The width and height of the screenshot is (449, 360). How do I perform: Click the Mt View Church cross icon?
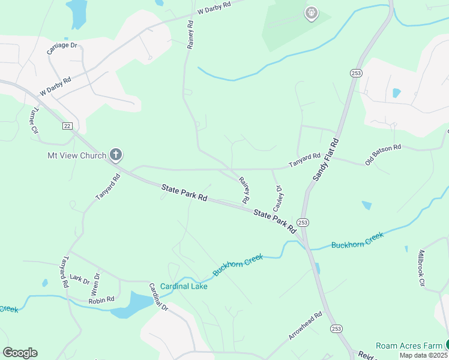point(116,155)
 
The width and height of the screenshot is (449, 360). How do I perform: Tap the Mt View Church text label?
point(77,155)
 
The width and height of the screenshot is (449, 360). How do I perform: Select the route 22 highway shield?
point(67,125)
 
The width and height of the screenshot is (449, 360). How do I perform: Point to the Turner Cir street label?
point(34,121)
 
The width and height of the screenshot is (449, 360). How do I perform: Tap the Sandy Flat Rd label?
point(326,160)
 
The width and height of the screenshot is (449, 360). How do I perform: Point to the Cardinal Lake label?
point(183,286)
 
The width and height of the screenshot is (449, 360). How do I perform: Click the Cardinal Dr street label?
point(158,296)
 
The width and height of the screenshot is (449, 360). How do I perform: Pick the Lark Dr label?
point(79,278)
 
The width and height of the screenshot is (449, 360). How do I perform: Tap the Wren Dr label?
point(95,284)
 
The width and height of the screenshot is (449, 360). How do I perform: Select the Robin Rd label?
point(101,299)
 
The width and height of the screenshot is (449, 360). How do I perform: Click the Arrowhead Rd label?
point(305,326)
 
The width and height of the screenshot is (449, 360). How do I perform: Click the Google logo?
point(20,353)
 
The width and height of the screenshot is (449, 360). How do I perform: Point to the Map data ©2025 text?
point(423,355)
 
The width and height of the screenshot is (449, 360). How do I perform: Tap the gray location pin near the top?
point(311,13)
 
